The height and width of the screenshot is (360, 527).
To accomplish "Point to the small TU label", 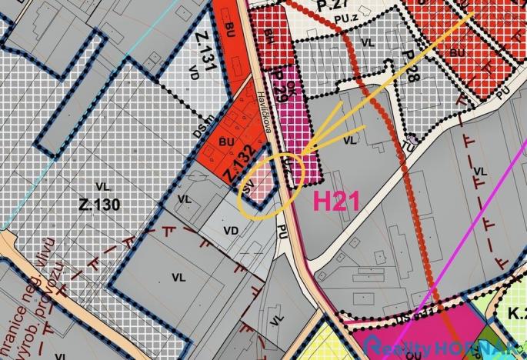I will [x=409, y=145].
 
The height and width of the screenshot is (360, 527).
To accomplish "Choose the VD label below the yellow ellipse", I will [x=230, y=230].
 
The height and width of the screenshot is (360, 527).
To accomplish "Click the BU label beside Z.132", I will [x=226, y=142].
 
